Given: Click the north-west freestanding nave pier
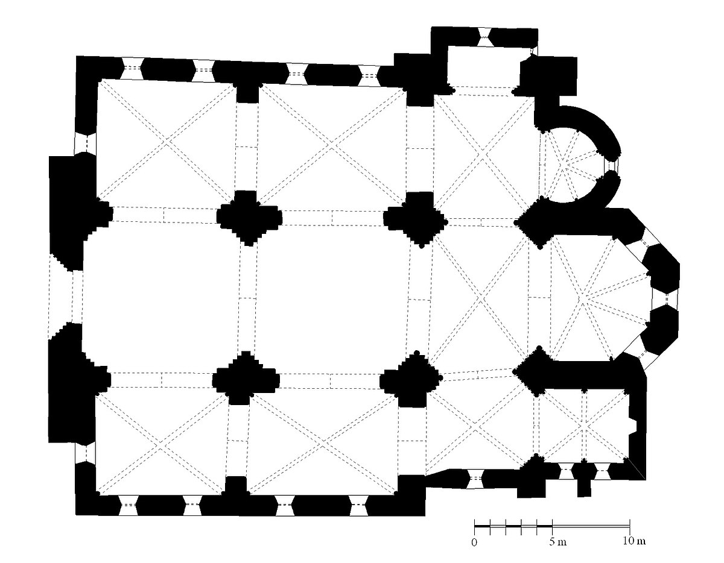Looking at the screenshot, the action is [249, 218].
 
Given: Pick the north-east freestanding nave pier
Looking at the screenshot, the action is [415, 219].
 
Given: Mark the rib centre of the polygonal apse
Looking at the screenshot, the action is [580, 299].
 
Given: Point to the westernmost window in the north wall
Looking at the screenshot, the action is [132, 69].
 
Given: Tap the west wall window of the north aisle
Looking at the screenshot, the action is [86, 143].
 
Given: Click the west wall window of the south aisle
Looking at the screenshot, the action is [86, 453].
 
